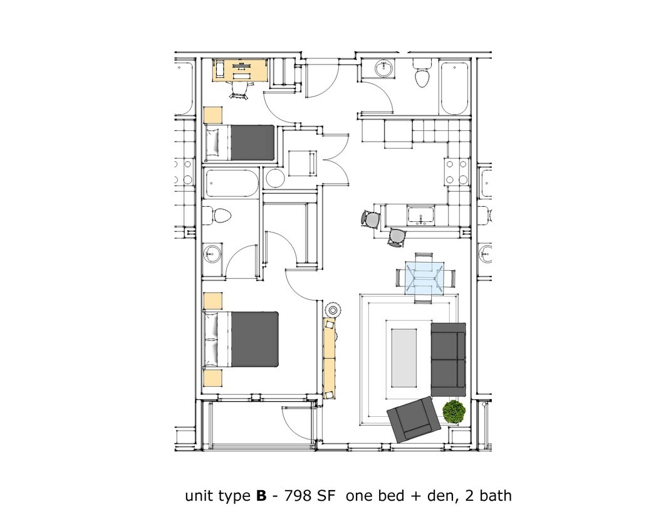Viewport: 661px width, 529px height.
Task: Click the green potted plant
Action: [x=454, y=412]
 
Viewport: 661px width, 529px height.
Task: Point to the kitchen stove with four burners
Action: [x=455, y=172]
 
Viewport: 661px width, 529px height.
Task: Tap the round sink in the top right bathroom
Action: [x=382, y=68]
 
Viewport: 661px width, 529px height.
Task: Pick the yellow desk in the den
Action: [x=241, y=70]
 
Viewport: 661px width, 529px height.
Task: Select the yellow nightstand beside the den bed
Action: [x=213, y=115]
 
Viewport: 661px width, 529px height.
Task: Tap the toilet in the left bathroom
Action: [x=220, y=216]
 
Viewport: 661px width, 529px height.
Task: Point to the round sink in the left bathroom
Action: [x=212, y=254]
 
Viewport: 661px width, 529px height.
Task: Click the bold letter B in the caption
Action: [x=261, y=496]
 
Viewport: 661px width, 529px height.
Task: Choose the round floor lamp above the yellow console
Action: [x=333, y=310]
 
